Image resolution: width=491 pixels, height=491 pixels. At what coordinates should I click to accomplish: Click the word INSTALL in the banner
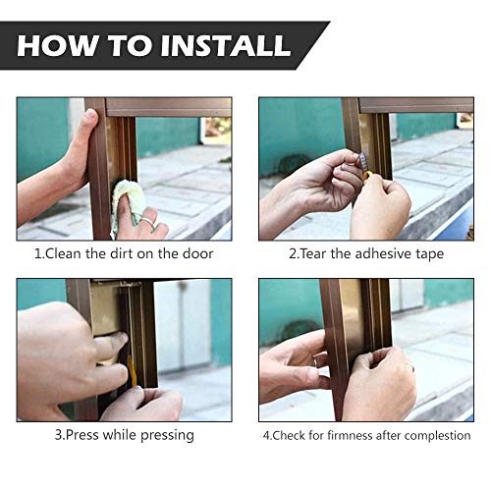click(x=226, y=45)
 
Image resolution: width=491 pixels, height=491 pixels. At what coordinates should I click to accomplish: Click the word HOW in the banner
click(x=57, y=45)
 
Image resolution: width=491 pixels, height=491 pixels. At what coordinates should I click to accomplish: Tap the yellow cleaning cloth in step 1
click(x=128, y=205)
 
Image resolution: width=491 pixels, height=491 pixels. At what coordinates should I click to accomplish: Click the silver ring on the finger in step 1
click(x=148, y=221)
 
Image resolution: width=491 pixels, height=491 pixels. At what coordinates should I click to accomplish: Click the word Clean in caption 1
click(x=63, y=253)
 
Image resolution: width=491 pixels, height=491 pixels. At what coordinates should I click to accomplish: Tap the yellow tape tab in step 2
click(x=367, y=176)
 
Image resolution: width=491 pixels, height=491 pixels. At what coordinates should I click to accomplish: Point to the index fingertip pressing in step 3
click(x=122, y=338)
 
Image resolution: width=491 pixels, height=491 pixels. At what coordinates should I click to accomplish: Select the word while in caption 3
click(x=120, y=435)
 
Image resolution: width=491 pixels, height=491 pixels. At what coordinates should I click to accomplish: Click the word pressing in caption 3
click(x=167, y=436)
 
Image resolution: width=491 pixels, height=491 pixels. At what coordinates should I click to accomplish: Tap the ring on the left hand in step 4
click(x=314, y=361)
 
